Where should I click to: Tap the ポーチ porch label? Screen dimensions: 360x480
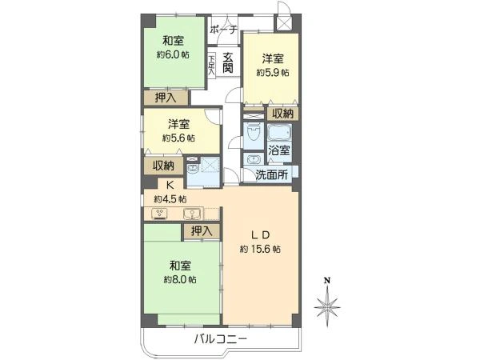(x=223, y=30)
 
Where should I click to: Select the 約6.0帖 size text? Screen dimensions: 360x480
(x=172, y=55)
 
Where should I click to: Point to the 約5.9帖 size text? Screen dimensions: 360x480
(x=273, y=72)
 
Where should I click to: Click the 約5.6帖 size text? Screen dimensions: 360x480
(x=178, y=138)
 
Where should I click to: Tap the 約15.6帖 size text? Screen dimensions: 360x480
(x=260, y=250)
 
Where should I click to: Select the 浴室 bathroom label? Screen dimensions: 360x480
(x=279, y=150)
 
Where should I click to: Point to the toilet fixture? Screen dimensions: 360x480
(x=252, y=130)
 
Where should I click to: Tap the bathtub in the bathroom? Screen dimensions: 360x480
(x=279, y=131)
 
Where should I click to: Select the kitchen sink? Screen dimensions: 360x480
(x=192, y=214)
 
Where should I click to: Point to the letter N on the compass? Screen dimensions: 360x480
(x=326, y=280)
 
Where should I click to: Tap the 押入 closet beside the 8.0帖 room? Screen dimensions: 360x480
(x=201, y=231)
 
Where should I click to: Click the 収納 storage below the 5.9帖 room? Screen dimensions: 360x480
(x=281, y=114)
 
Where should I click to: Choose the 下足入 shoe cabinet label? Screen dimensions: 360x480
(x=211, y=63)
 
